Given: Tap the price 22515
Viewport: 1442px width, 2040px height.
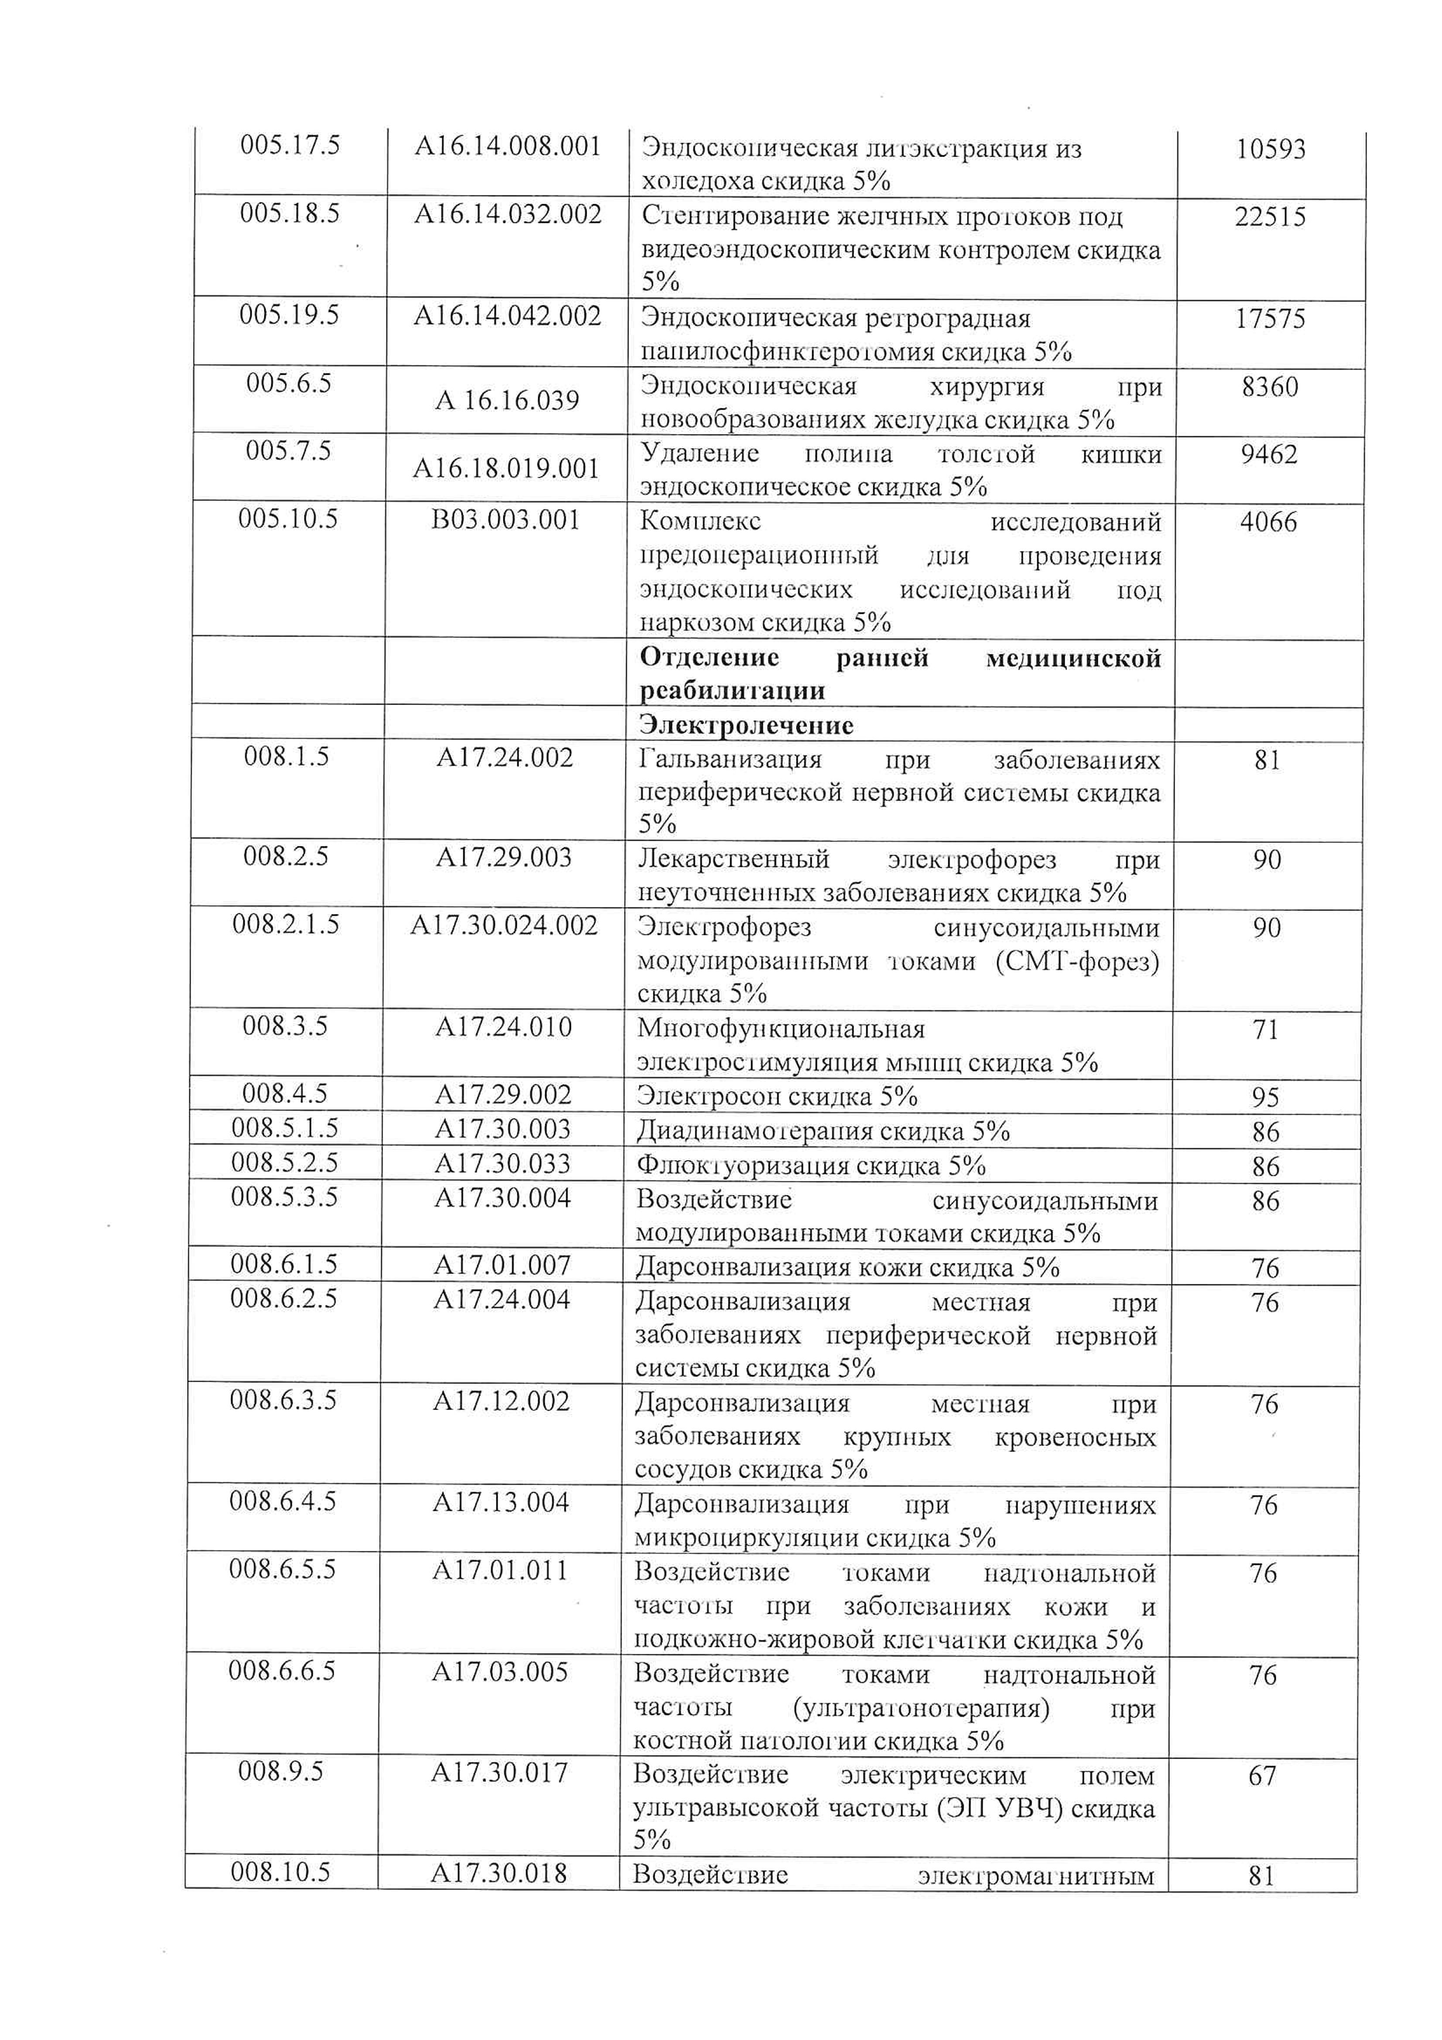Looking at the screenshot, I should coord(1270,217).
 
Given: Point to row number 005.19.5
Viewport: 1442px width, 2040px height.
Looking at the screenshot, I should coord(289,315).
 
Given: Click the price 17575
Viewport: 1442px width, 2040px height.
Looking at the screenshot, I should coord(1270,319).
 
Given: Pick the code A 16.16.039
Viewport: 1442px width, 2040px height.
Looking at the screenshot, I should coord(506,400).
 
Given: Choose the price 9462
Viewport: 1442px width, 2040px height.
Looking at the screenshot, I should coord(1269,455).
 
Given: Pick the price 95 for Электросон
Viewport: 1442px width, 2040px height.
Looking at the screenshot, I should coord(1265,1097).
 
